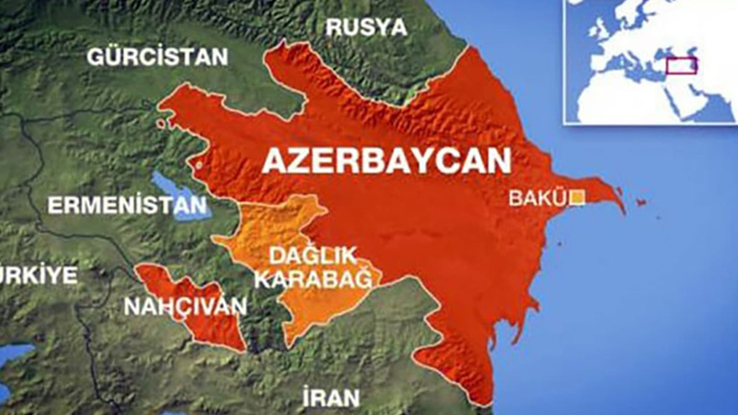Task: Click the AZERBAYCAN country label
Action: [386, 161]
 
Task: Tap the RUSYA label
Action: [366, 28]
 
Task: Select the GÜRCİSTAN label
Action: [157, 57]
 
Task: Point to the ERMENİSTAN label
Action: [127, 206]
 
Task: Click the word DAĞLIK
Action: [314, 255]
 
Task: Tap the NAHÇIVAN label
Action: [185, 307]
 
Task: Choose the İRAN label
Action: [331, 398]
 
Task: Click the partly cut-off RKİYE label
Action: [38, 275]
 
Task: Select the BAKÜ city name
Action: [538, 198]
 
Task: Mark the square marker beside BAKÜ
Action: [577, 198]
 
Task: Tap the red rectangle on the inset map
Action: [681, 66]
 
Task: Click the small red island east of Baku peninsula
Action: [640, 202]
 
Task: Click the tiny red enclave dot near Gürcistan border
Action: [161, 123]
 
